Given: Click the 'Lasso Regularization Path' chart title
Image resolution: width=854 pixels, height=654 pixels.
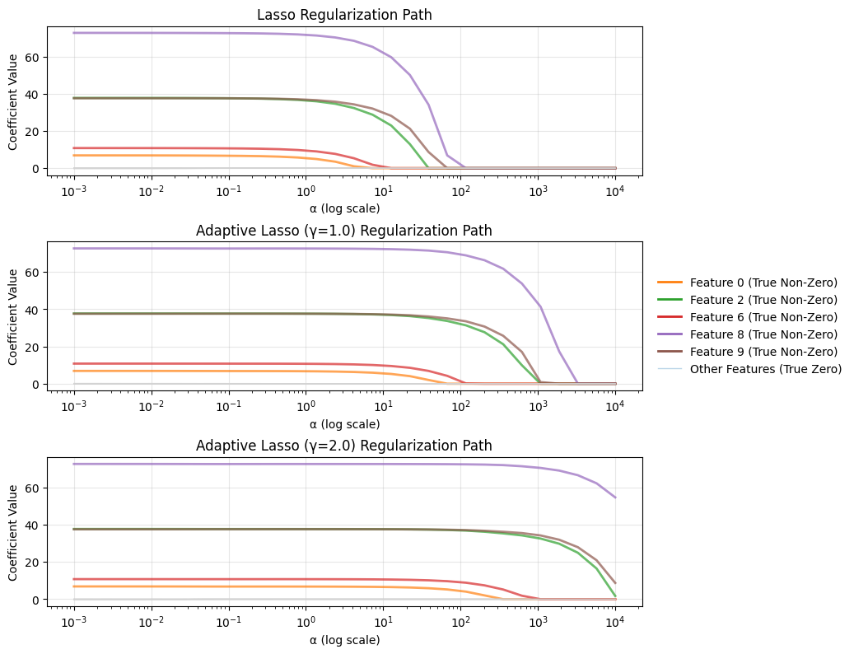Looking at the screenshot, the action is (x=344, y=15).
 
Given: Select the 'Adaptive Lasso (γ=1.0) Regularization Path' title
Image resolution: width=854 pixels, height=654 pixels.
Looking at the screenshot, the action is (x=344, y=231).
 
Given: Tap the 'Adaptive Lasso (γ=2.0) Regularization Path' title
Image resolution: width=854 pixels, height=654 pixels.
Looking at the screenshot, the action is (x=344, y=446).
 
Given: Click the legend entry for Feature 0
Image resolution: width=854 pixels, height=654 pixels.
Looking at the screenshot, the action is (x=747, y=283).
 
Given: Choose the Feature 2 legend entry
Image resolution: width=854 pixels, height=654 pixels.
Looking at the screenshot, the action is (x=747, y=300).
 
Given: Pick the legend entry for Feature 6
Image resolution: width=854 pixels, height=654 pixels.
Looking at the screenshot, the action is (x=747, y=317).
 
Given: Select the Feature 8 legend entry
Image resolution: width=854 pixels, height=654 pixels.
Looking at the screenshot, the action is (x=747, y=334).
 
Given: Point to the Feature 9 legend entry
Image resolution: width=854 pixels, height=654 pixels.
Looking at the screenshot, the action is (x=747, y=352).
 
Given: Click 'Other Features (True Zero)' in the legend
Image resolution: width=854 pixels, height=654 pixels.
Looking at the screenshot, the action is (x=749, y=369).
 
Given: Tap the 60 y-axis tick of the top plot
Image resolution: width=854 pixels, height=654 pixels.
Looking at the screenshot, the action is (x=35, y=57).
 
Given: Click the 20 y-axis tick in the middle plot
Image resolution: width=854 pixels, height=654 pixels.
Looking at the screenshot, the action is (x=35, y=347).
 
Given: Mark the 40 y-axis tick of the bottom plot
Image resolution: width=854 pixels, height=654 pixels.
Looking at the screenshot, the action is (x=35, y=526).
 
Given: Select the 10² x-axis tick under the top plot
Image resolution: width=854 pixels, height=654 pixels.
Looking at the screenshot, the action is (x=461, y=190).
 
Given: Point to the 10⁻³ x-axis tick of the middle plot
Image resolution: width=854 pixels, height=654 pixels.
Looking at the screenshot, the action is (x=73, y=406).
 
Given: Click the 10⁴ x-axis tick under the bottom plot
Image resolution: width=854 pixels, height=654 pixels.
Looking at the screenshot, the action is (x=615, y=622).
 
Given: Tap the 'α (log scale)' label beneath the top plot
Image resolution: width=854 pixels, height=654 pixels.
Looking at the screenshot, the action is (x=344, y=208).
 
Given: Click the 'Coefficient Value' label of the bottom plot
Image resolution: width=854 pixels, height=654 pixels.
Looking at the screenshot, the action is (x=13, y=532).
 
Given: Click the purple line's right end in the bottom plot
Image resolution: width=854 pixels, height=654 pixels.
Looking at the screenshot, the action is (x=615, y=498).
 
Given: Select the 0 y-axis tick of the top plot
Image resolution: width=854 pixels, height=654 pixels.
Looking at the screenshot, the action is (x=37, y=169).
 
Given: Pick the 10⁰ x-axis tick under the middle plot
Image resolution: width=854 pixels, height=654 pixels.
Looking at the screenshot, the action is (x=306, y=406).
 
